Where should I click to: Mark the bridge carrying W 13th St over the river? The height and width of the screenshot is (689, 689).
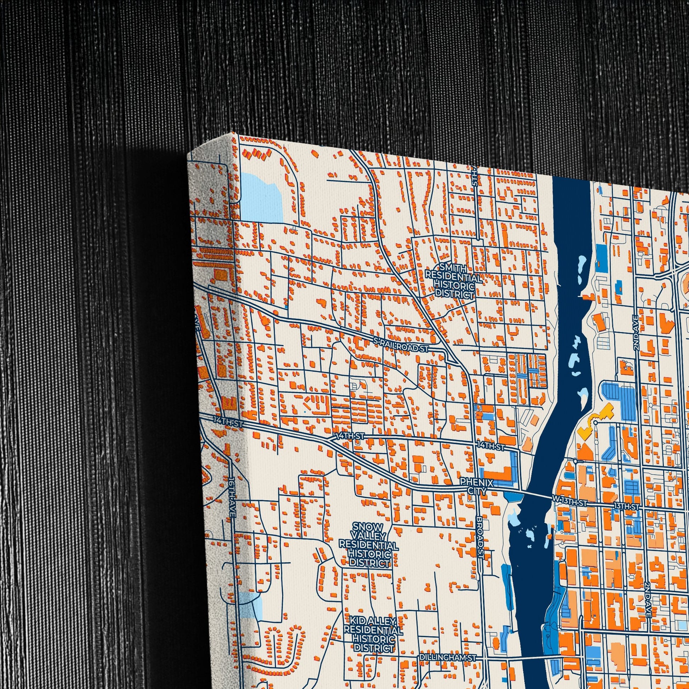pyautogui.click(x=535, y=496)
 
